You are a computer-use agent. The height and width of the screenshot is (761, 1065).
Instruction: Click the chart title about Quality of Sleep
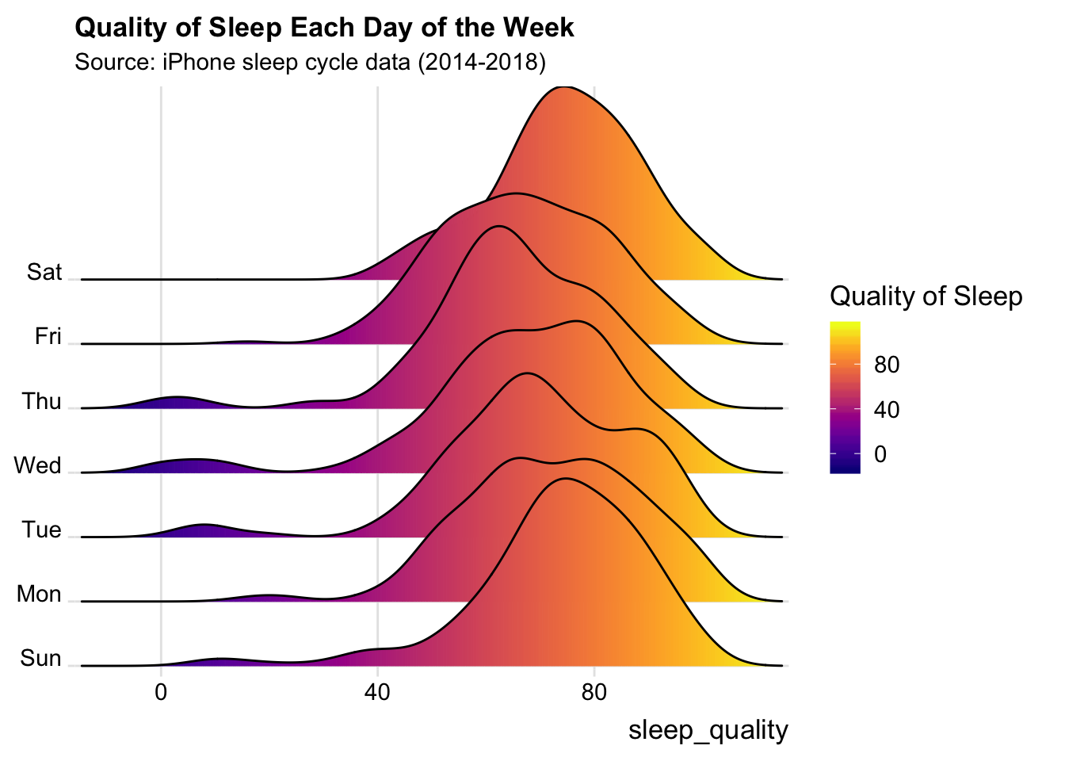(x=324, y=28)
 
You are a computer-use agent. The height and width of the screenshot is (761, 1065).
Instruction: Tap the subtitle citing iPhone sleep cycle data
(x=310, y=62)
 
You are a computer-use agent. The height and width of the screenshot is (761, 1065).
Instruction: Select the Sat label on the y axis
(x=44, y=272)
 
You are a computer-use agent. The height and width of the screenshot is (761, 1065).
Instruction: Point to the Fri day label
(x=48, y=336)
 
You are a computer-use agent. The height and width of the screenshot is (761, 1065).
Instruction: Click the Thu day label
(x=41, y=401)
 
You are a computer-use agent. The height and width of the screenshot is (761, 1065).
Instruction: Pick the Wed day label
(x=37, y=465)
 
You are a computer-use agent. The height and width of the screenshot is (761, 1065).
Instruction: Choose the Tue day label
(x=41, y=530)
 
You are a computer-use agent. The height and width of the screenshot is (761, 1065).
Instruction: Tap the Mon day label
(x=39, y=594)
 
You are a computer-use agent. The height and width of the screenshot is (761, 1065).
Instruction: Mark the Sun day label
(x=40, y=658)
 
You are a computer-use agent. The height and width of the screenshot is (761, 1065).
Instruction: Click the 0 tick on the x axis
(x=161, y=691)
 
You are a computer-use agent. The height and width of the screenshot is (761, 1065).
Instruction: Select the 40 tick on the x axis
(x=377, y=691)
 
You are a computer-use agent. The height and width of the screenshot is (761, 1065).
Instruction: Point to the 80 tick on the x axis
(x=594, y=691)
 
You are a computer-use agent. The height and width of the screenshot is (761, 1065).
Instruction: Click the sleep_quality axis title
(x=708, y=730)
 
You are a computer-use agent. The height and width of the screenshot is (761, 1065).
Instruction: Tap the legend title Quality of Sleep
(x=926, y=296)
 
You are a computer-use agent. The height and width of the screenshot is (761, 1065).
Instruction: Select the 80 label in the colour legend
(x=887, y=365)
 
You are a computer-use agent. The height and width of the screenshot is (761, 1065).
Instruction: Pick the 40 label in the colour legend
(x=887, y=410)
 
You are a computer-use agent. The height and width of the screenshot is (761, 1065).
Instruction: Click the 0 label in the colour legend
(x=880, y=455)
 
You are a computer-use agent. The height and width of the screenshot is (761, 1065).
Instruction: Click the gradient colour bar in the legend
(x=845, y=397)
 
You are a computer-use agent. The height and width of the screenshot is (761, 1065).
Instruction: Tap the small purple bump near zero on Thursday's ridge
(x=176, y=399)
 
